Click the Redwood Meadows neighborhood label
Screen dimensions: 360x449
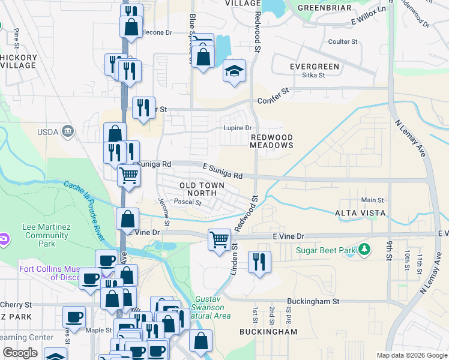[272, 142]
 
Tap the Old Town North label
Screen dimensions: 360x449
[200, 188]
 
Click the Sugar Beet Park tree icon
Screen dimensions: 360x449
[364, 249]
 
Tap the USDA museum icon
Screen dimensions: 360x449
[67, 131]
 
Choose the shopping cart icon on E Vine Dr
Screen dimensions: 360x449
[219, 239]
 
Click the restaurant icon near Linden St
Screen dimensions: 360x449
[259, 262]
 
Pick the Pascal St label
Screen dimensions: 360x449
[187, 203]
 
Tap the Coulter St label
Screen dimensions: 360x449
[343, 41]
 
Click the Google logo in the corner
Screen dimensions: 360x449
[20, 353]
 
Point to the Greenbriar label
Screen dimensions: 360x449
[319, 7]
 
